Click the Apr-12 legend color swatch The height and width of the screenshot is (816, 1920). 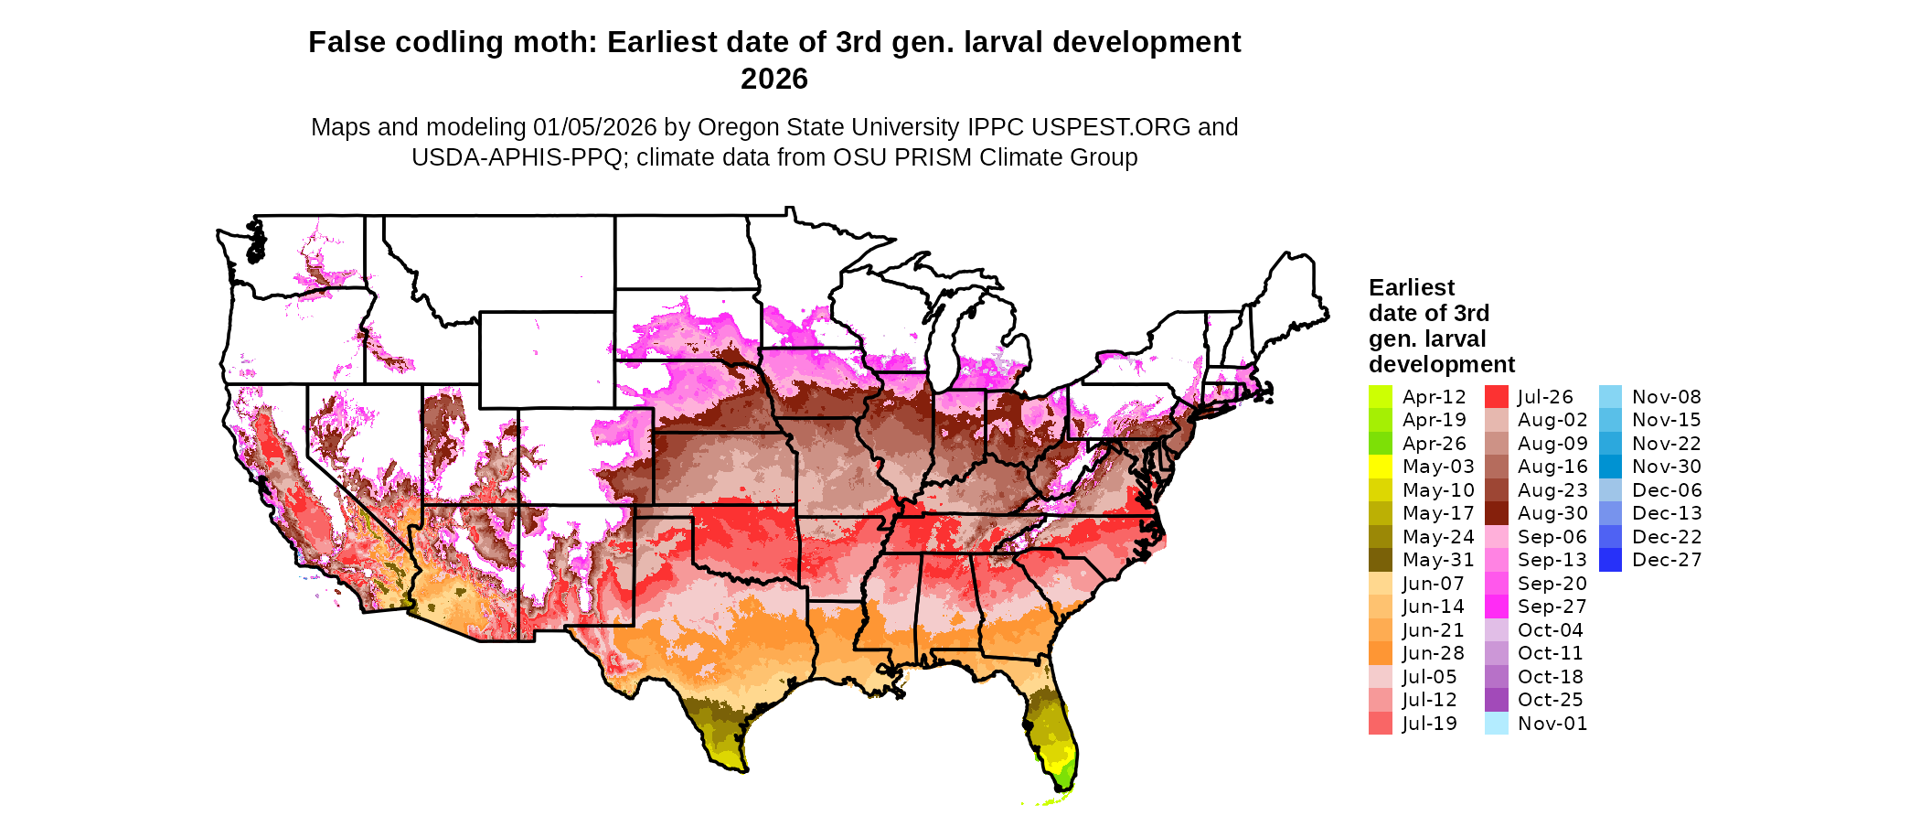point(1380,397)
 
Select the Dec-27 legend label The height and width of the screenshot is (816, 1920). point(1666,560)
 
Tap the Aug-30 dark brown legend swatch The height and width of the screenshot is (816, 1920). point(1496,513)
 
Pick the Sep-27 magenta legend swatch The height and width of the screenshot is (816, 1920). point(1496,607)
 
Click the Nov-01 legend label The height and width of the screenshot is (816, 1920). point(1552,724)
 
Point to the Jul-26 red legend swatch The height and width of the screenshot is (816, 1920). point(1496,397)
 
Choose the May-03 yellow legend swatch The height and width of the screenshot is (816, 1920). point(1380,467)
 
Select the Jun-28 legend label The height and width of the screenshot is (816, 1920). point(1433,653)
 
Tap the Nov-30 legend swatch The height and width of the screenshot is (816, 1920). point(1610,467)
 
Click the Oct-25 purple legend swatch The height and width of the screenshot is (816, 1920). point(1496,700)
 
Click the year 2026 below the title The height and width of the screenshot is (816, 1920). point(773,80)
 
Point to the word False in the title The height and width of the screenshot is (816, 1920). point(341,43)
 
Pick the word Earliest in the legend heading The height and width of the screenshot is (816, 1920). point(1411,288)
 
